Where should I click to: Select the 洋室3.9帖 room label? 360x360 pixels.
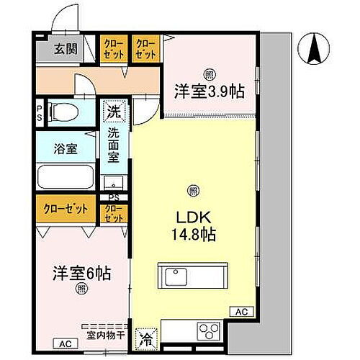tap(209, 91)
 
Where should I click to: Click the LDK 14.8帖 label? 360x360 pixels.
tap(192, 225)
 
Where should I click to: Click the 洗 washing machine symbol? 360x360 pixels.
tap(113, 112)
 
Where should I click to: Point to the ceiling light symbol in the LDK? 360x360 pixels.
tap(192, 190)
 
